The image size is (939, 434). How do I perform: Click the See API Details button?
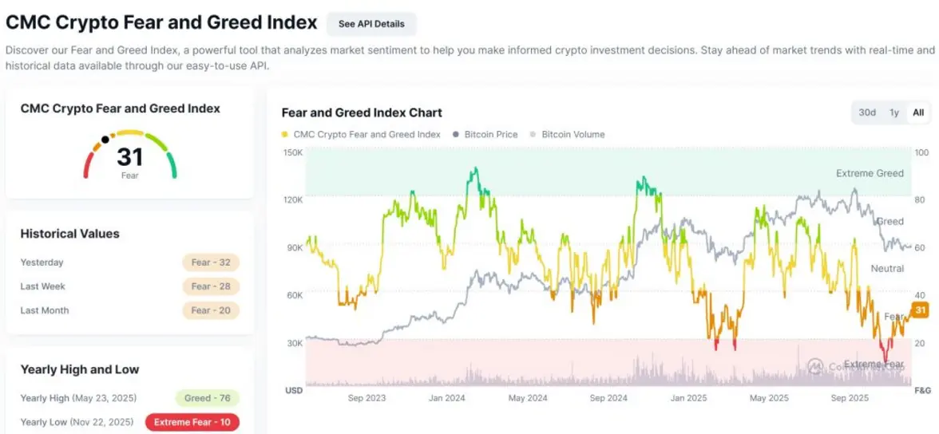pyautogui.click(x=371, y=24)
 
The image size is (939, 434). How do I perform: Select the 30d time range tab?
pyautogui.click(x=867, y=112)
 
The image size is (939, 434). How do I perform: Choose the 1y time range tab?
pyautogui.click(x=894, y=112)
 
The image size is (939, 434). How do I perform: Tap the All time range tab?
pyautogui.click(x=918, y=112)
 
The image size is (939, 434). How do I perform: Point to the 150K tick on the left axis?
pyautogui.click(x=293, y=152)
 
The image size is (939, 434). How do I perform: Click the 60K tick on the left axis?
pyautogui.click(x=294, y=295)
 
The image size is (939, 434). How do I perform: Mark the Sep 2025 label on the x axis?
pyautogui.click(x=850, y=397)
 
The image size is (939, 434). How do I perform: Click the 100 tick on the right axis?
pyautogui.click(x=921, y=152)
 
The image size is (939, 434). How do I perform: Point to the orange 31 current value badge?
pyautogui.click(x=920, y=310)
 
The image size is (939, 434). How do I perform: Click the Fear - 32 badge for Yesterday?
pyautogui.click(x=211, y=262)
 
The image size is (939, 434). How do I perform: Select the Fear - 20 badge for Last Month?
pyautogui.click(x=211, y=310)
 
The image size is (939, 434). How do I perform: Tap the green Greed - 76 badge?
pyautogui.click(x=208, y=398)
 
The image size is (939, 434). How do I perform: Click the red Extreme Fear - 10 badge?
pyautogui.click(x=192, y=422)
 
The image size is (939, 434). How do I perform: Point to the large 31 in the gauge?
pyautogui.click(x=129, y=156)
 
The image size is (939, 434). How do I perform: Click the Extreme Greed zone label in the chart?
pyautogui.click(x=870, y=173)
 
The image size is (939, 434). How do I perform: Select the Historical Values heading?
pyautogui.click(x=69, y=234)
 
